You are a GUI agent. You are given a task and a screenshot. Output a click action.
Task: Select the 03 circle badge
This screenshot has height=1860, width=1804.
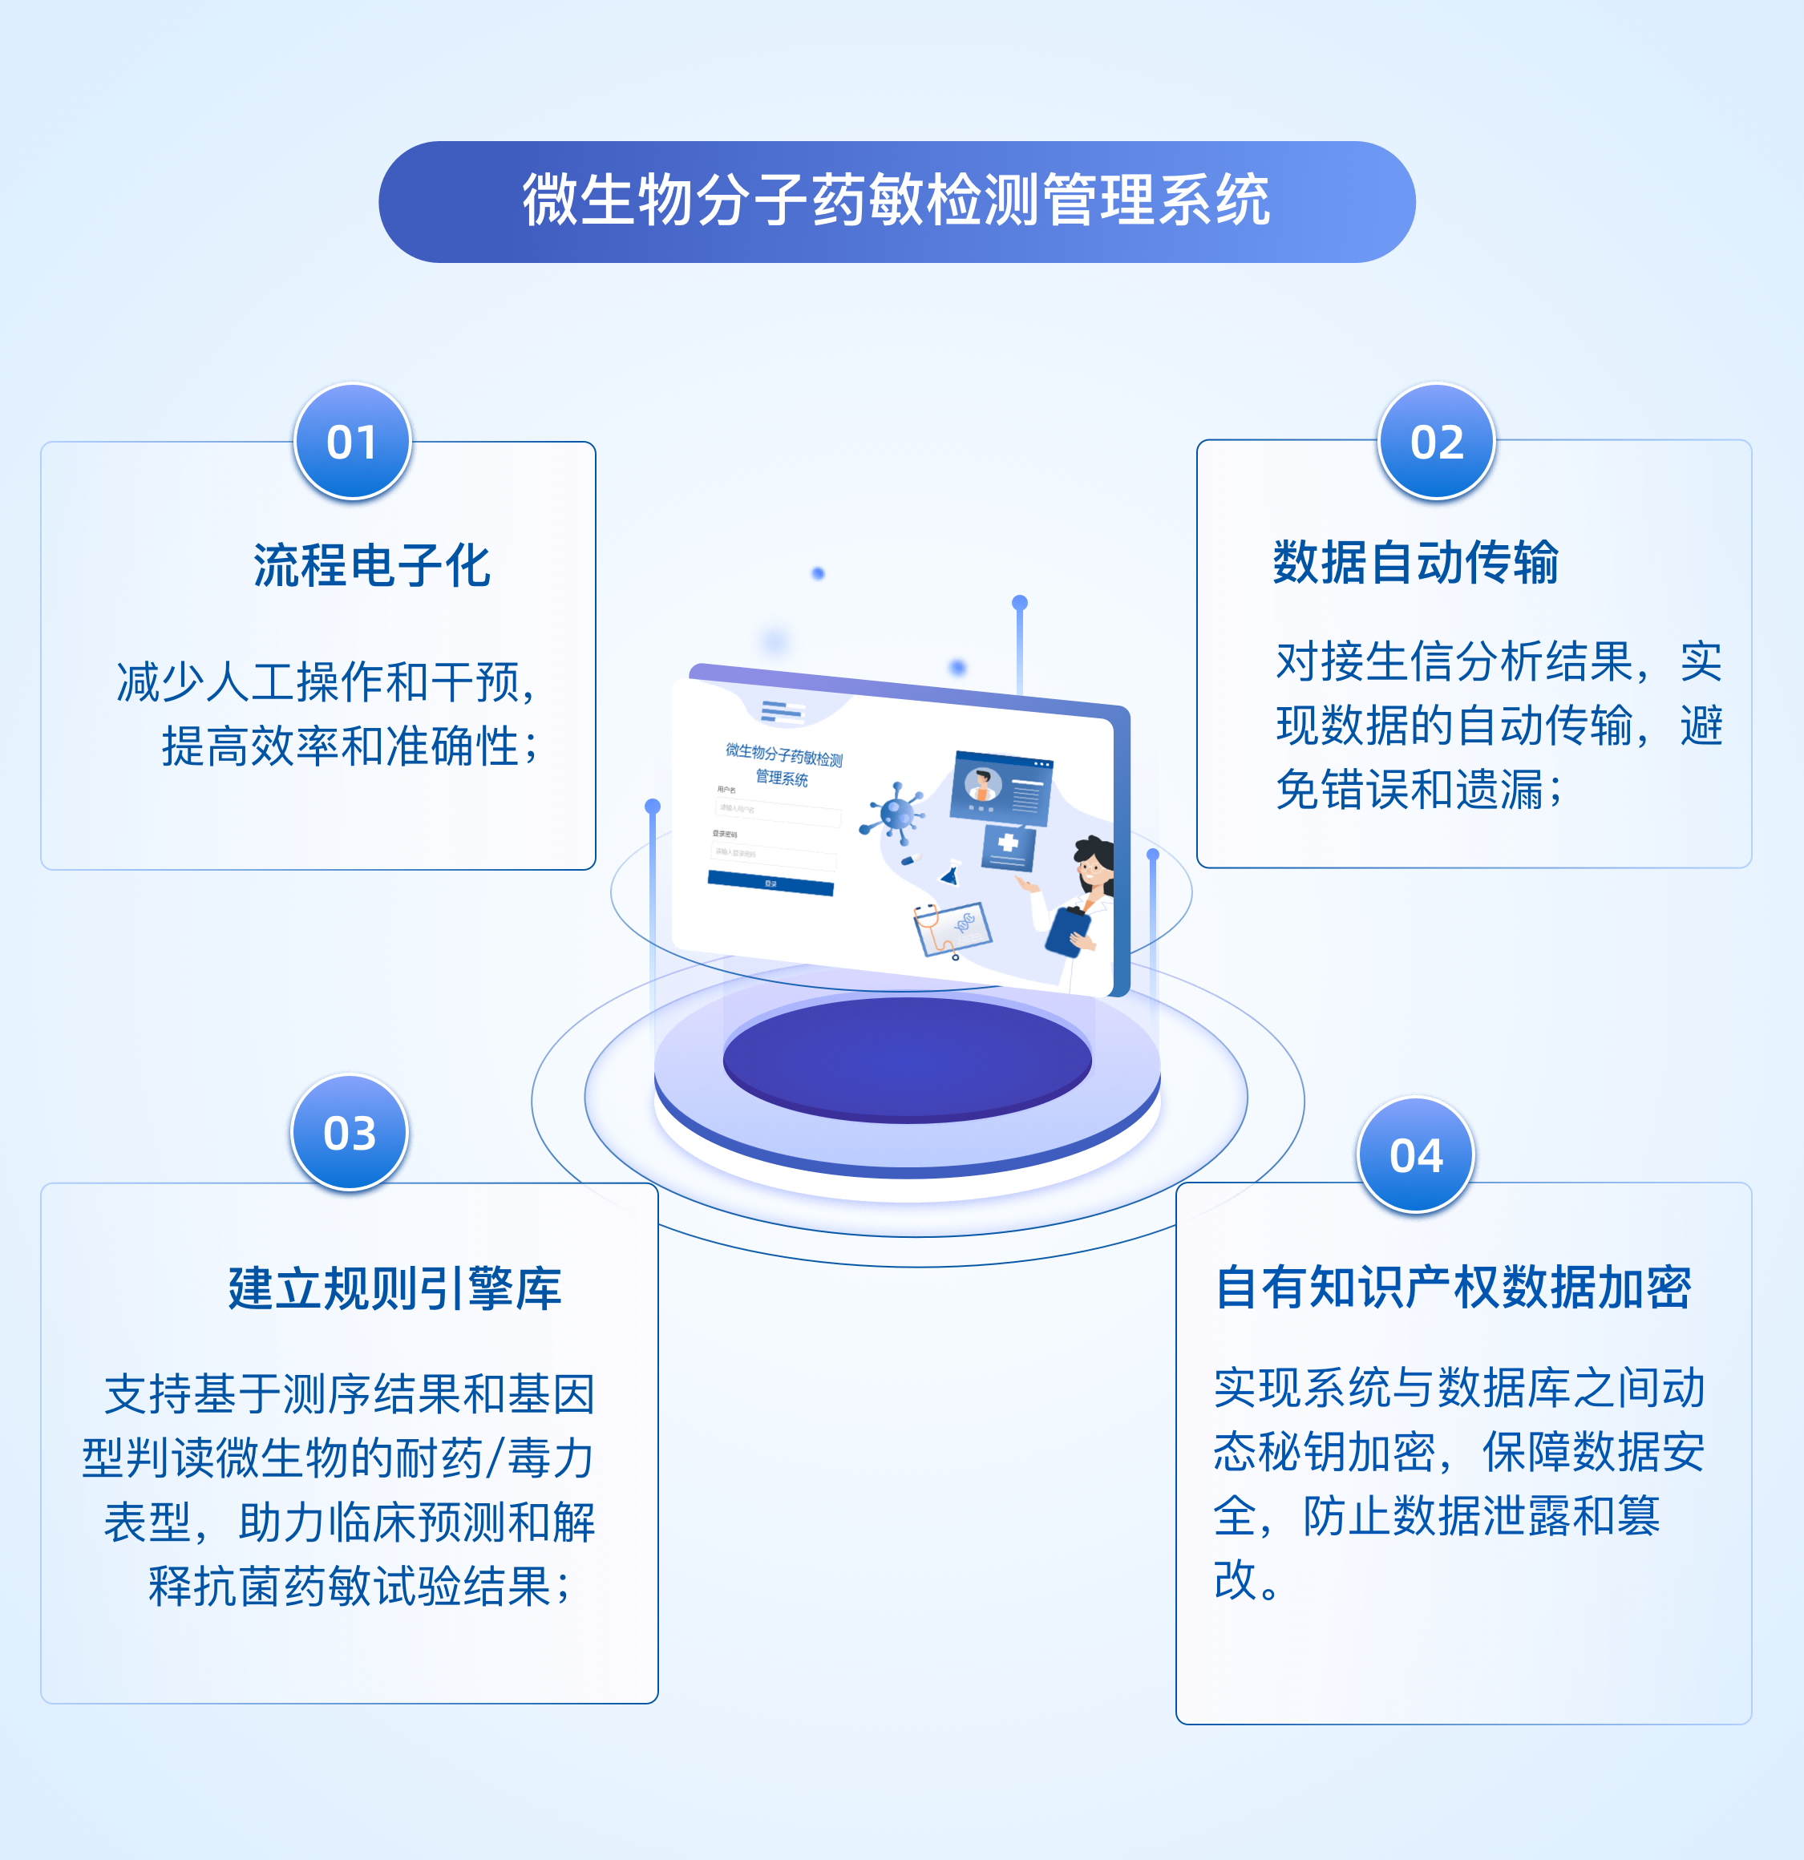point(350,1132)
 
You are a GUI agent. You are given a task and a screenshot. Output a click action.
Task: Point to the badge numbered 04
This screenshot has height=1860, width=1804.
point(1415,1155)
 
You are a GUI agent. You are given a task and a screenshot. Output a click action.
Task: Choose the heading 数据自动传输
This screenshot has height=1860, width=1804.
point(1415,562)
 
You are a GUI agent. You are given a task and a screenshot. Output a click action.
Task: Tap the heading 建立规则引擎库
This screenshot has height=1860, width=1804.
point(394,1288)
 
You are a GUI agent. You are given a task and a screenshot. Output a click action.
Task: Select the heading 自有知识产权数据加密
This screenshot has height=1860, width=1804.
point(1453,1288)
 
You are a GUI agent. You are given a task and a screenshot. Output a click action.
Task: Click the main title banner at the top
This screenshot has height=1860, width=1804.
point(896,201)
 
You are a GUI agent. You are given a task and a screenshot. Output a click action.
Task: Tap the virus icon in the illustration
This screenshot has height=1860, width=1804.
point(895,813)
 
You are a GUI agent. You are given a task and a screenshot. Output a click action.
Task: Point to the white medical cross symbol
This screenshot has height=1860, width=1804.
point(1008,842)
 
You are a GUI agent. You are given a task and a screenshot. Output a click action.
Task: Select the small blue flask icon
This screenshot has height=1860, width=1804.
point(948,874)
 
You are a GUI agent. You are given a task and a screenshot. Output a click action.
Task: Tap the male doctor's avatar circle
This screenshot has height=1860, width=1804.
point(982,786)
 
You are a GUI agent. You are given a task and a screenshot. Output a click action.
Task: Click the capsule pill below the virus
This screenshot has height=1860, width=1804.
point(910,858)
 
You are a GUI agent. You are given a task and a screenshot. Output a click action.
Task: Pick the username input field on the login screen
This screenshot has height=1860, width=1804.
point(777,811)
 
